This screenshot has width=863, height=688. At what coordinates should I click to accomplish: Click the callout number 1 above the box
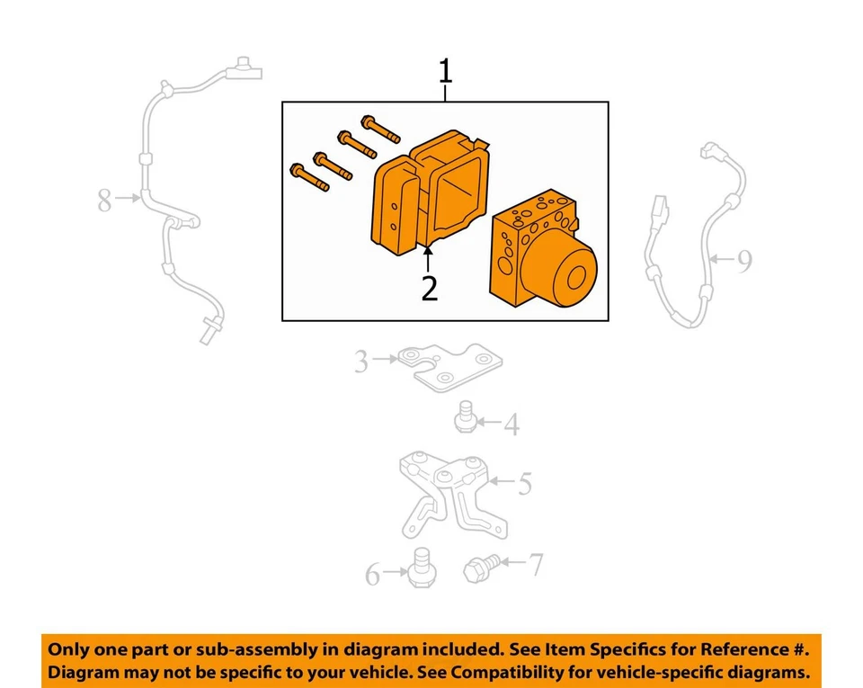(445, 70)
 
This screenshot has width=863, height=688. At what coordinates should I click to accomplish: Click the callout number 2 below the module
(430, 289)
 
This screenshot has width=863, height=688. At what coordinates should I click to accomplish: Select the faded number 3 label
(361, 362)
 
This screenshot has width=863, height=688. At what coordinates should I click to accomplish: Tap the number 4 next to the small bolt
(511, 424)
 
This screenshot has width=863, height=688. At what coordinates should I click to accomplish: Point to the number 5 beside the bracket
(524, 485)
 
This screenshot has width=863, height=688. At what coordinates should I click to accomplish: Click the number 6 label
(373, 574)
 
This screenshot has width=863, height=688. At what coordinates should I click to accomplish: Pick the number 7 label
(535, 565)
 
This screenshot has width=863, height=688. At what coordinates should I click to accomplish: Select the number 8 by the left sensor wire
(104, 201)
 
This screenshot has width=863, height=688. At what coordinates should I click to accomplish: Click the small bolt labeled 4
(466, 419)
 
